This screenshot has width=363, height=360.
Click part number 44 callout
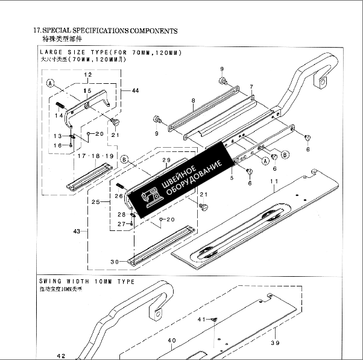coord(134,90)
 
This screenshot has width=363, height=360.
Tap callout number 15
coord(87,91)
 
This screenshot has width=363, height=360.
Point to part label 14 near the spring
coord(59,115)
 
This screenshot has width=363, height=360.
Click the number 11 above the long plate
coord(274,181)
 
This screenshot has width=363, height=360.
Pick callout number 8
coord(192,101)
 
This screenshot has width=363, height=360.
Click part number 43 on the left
coord(77,231)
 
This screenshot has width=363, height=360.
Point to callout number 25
coord(95,202)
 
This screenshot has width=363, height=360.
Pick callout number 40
coord(172,341)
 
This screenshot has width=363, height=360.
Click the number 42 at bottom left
coord(61,356)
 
